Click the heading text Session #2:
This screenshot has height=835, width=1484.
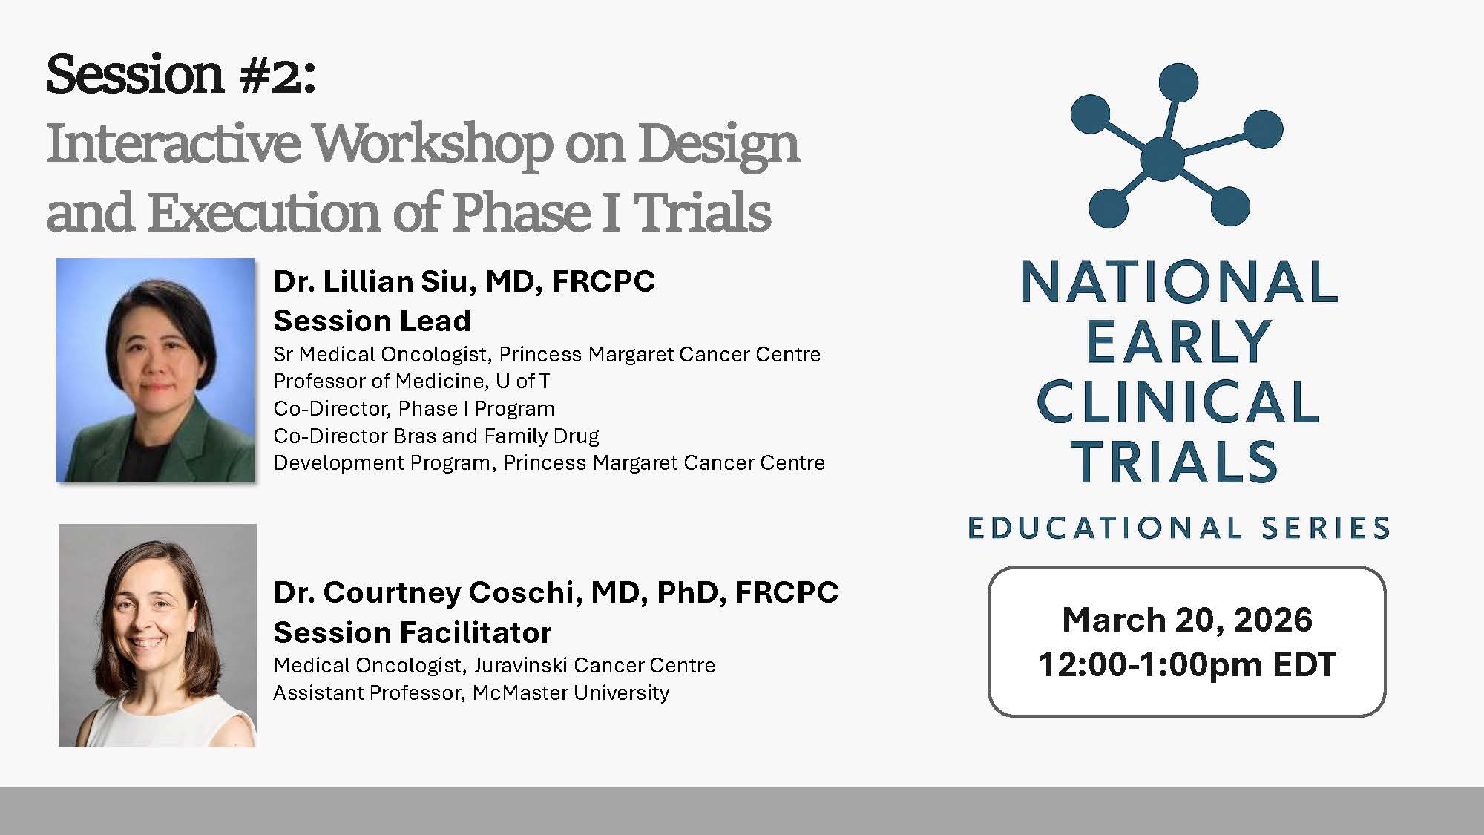click(x=181, y=74)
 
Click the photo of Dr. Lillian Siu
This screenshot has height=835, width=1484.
click(x=156, y=370)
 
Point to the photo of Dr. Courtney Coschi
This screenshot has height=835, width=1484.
click(x=157, y=635)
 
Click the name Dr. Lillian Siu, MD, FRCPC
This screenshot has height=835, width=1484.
click(x=464, y=281)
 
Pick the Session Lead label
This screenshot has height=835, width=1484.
click(x=372, y=321)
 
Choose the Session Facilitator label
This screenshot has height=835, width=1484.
click(x=413, y=632)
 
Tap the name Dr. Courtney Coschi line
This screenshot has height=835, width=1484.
click(x=556, y=592)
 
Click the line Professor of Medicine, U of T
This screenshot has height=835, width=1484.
click(x=412, y=381)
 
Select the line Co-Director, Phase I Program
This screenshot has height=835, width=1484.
click(x=414, y=408)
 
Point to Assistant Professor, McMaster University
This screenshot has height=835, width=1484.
click(x=472, y=692)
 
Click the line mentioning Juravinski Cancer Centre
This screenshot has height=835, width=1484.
click(x=495, y=665)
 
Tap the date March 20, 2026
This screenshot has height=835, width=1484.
click(x=1187, y=620)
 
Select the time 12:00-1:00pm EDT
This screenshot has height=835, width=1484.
click(x=1187, y=664)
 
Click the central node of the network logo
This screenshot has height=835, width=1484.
click(x=1163, y=158)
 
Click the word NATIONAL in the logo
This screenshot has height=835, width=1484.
click(x=1180, y=281)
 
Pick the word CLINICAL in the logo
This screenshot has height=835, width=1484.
click(x=1178, y=402)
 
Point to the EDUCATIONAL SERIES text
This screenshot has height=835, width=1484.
click(x=1179, y=528)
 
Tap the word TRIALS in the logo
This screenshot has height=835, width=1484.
click(x=1175, y=462)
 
